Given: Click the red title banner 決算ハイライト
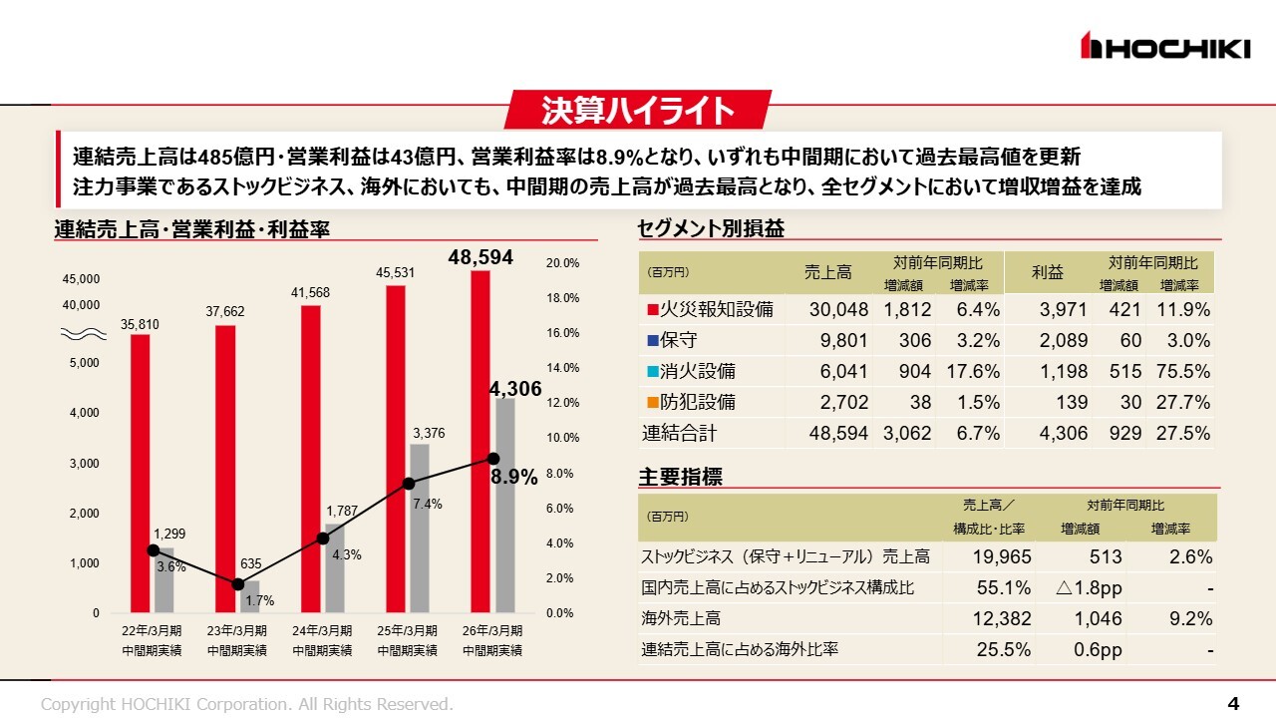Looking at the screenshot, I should (638, 110).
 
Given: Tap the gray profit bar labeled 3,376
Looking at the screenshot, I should (420, 527).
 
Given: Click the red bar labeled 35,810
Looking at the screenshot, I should (141, 473).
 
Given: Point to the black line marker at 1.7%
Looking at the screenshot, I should (238, 584).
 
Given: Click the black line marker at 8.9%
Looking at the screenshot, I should (492, 458).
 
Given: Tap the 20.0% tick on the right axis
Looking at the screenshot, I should (563, 263).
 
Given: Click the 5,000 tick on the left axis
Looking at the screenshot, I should (84, 362).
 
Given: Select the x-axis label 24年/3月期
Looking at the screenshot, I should (322, 631).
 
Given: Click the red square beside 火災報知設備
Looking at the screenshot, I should (653, 310).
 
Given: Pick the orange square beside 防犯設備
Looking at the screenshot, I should (653, 403).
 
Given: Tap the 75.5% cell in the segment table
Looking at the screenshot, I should (1183, 372).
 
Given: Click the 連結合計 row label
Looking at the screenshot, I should (679, 434).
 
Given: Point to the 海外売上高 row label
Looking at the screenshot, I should (681, 619).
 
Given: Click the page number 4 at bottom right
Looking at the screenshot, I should (1233, 704).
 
